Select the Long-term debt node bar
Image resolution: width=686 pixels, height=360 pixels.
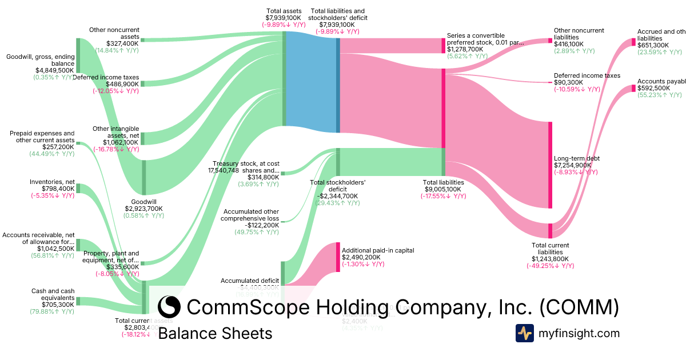click(550, 165)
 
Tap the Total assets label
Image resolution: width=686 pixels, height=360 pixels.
click(284, 11)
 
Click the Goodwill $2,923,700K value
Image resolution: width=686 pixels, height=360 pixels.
click(143, 209)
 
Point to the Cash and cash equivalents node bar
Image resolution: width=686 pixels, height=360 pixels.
click(78, 301)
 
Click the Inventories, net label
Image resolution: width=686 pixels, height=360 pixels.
click(52, 182)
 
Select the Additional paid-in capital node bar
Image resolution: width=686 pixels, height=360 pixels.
click(337, 257)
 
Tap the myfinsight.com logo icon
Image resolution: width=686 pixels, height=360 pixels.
click(524, 333)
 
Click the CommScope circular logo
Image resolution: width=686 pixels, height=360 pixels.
click(169, 307)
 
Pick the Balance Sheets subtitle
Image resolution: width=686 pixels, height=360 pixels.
click(215, 333)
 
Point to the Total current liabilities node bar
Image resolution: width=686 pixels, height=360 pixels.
click(550, 231)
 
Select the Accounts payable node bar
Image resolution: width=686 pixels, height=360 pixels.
click(633, 89)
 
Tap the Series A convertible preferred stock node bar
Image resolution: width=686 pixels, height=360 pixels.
click(443, 46)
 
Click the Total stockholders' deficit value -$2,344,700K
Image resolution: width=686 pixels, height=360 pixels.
click(337, 195)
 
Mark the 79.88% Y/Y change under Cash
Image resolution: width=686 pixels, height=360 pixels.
click(52, 311)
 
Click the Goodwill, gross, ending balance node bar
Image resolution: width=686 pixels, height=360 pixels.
click(78, 56)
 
